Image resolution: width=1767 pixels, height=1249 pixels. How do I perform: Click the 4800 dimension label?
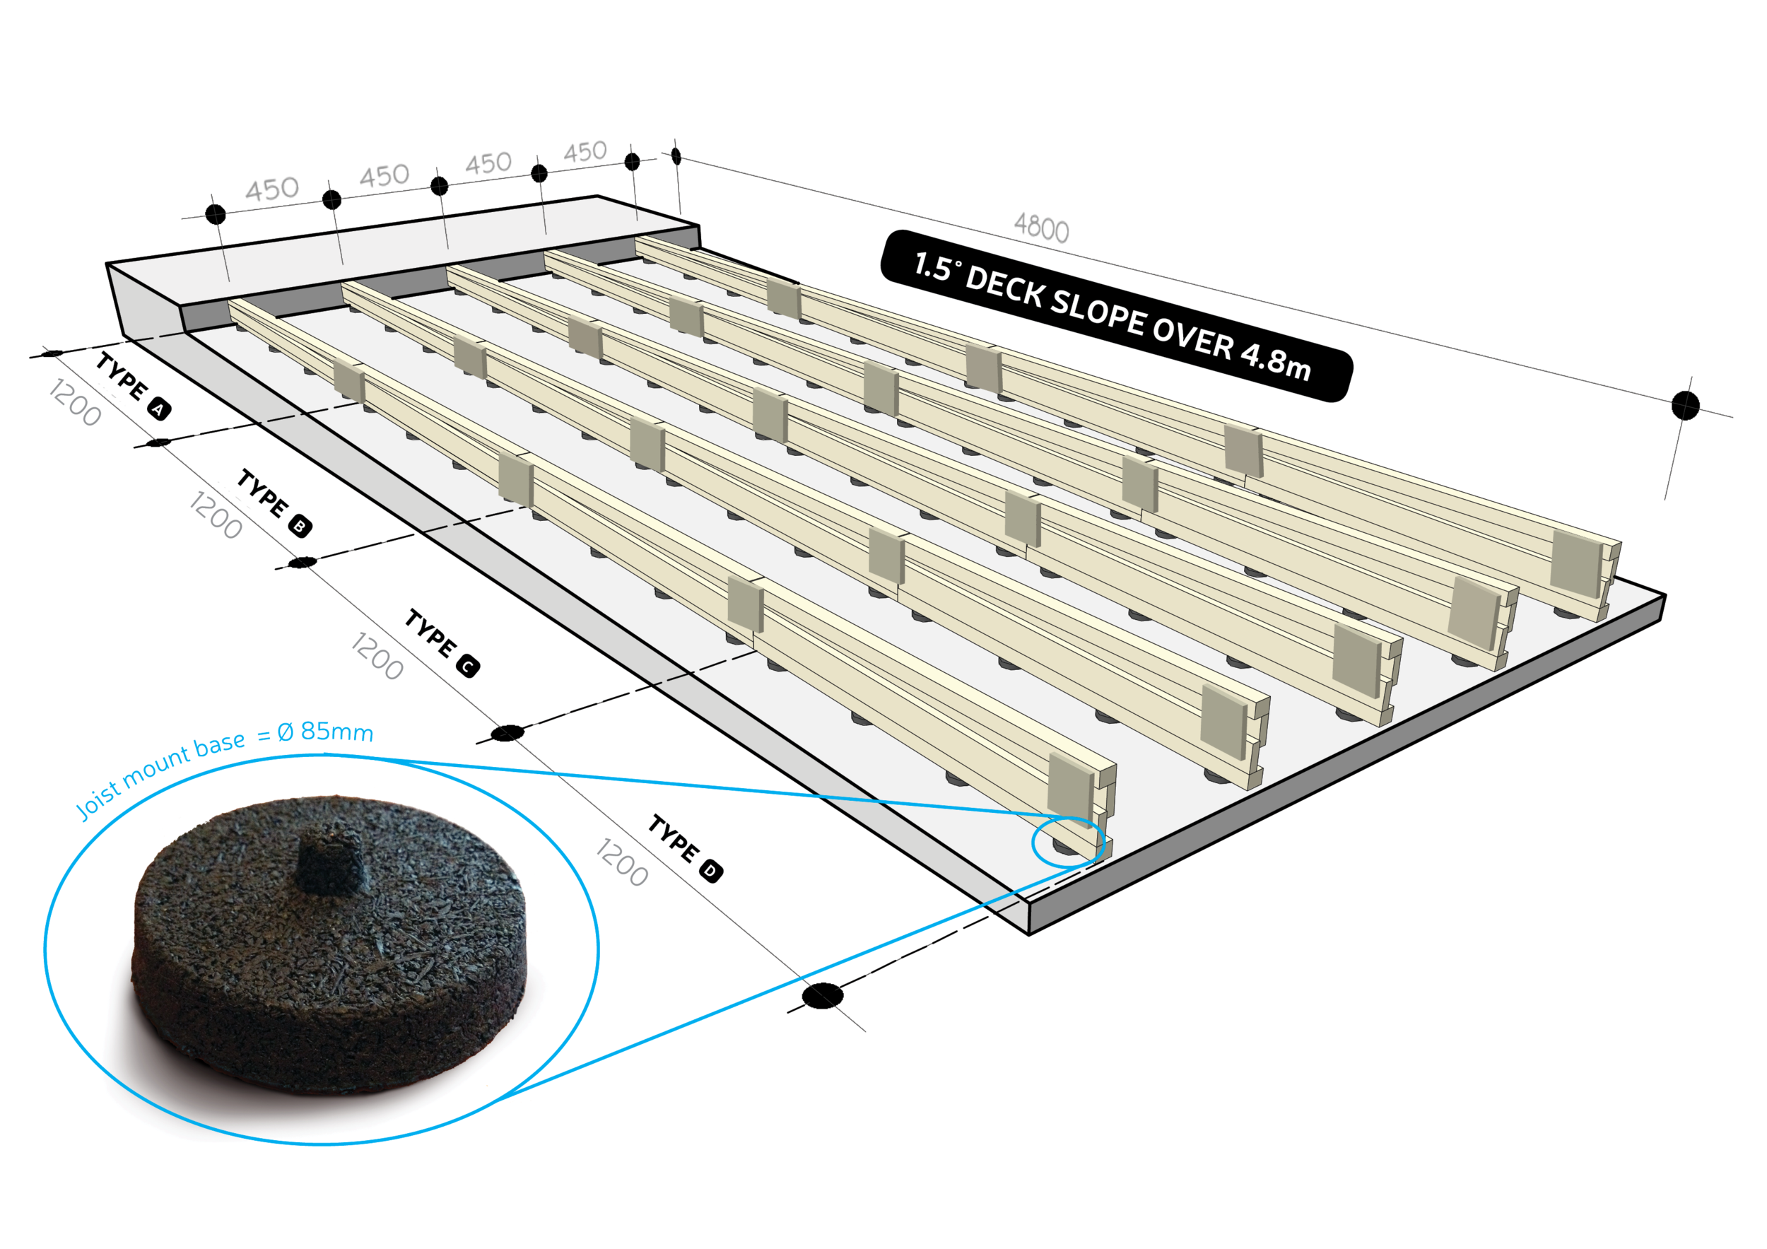click(1041, 228)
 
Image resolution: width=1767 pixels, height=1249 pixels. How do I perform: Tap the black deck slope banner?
click(1115, 315)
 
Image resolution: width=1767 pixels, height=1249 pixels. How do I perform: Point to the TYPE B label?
click(264, 495)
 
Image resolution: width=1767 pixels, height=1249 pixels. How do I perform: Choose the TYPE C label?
click(432, 635)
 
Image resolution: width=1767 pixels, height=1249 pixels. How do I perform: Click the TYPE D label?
click(675, 840)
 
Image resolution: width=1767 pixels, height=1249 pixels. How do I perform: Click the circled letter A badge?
click(159, 409)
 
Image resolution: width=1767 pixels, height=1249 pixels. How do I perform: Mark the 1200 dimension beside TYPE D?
click(622, 862)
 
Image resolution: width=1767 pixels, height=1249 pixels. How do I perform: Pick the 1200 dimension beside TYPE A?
click(75, 402)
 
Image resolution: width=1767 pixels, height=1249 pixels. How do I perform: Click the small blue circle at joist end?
click(1067, 842)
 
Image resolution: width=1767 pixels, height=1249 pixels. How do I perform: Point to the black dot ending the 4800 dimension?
click(1684, 405)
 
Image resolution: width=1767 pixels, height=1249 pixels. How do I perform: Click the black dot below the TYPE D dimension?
click(822, 995)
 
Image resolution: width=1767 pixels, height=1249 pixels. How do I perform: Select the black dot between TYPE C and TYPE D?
click(507, 732)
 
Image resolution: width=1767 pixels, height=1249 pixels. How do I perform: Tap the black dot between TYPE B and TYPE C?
click(302, 563)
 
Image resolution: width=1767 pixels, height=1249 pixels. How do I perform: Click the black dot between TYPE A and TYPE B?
click(159, 442)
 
